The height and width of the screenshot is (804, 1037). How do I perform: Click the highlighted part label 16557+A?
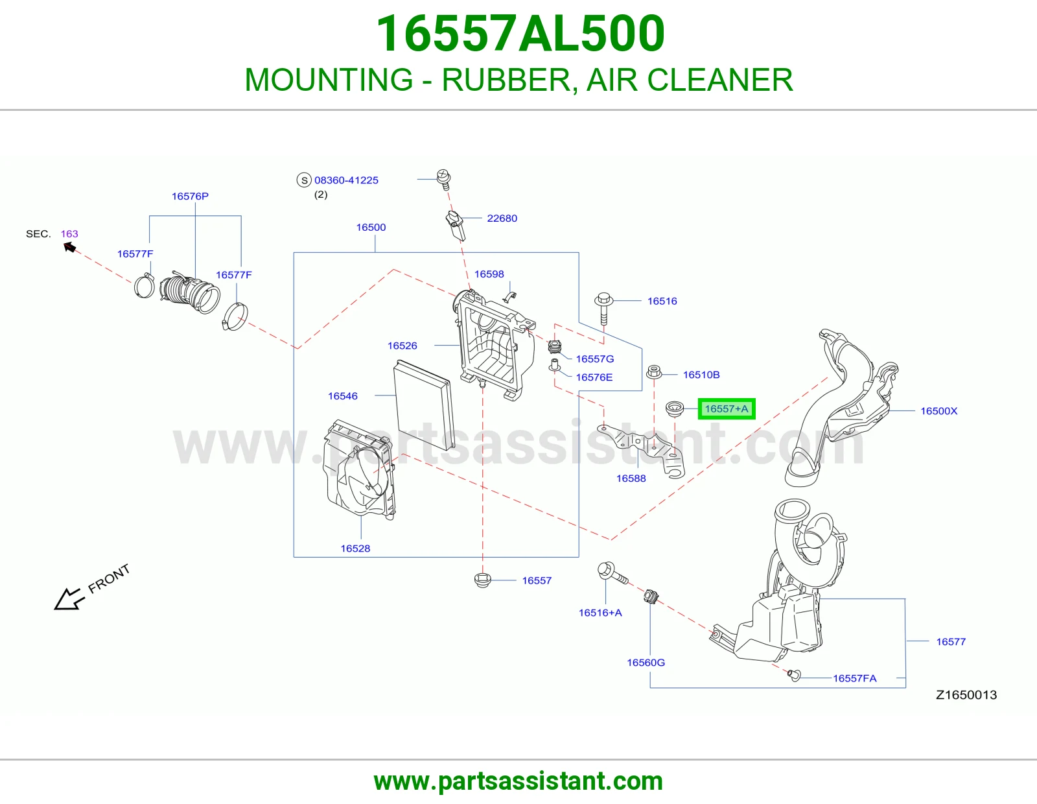click(726, 408)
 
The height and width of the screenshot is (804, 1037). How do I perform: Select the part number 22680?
click(502, 219)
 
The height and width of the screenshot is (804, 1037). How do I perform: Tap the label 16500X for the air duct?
click(938, 410)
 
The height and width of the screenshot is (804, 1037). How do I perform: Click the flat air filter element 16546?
click(423, 405)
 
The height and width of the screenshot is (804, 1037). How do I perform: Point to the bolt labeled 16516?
click(603, 308)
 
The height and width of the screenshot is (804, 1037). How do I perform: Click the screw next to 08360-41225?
click(444, 179)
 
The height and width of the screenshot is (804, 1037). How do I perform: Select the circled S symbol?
click(304, 180)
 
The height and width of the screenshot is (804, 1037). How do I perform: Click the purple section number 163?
click(69, 233)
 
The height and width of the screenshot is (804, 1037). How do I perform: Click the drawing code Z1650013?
click(966, 694)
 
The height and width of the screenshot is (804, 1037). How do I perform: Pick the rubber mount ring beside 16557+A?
click(674, 408)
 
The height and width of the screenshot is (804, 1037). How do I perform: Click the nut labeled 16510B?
click(654, 372)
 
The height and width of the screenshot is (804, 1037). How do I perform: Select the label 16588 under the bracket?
click(631, 479)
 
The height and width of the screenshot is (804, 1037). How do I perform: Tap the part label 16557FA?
click(855, 678)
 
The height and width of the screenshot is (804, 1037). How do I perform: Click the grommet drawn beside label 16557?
click(482, 580)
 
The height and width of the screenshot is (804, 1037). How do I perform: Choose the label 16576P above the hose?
click(190, 196)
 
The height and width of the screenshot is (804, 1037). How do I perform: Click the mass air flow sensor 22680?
click(456, 226)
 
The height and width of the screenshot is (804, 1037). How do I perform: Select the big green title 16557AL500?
click(520, 33)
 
